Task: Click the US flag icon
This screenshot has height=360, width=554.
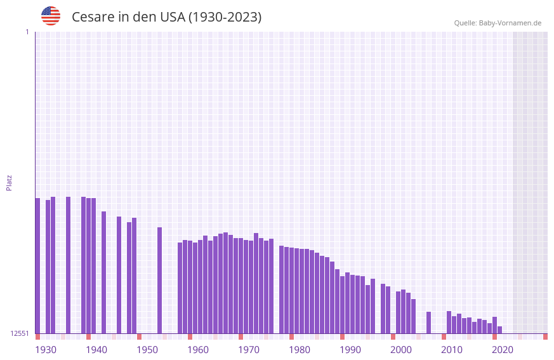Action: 51,16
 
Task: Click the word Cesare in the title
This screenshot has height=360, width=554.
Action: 93,17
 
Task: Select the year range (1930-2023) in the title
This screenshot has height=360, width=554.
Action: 225,17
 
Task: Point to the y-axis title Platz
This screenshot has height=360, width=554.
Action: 9,182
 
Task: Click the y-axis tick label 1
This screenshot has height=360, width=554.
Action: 27,32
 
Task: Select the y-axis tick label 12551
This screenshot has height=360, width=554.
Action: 20,333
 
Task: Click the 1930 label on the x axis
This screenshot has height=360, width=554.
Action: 46,350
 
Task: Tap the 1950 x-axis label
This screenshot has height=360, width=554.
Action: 147,350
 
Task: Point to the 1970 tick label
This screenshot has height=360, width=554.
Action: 249,350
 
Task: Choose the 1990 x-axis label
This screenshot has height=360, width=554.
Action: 350,350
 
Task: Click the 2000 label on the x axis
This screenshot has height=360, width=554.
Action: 401,350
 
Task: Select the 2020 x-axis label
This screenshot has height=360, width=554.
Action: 503,350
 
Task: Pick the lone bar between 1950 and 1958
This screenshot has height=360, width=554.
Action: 160,280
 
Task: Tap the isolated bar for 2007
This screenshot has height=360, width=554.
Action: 429,323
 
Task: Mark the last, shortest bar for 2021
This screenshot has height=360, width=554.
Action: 500,330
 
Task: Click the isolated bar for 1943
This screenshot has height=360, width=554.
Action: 104,272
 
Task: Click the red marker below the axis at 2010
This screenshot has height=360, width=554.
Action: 444,337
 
